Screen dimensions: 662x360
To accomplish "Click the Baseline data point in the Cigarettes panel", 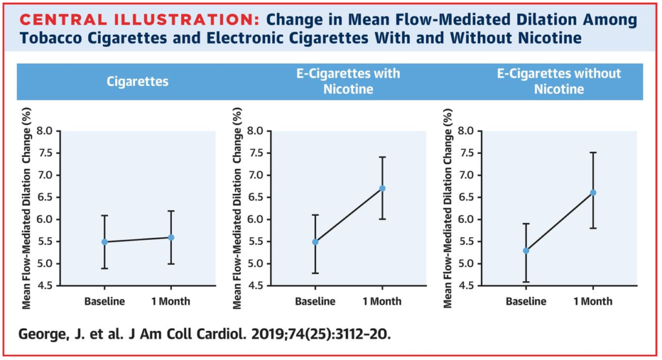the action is [x=104, y=242].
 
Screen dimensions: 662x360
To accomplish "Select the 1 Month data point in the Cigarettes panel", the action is [x=171, y=238].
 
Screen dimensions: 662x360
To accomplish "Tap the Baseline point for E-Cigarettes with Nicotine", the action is [x=315, y=242].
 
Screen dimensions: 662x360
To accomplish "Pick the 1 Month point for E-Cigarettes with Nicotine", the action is [x=382, y=188].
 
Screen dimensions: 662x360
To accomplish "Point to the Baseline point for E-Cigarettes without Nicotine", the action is [x=526, y=251].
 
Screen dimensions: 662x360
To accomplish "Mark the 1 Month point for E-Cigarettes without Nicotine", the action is [x=593, y=193].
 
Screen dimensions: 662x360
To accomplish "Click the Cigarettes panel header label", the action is [x=137, y=81].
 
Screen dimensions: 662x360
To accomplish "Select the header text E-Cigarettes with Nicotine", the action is [x=348, y=81].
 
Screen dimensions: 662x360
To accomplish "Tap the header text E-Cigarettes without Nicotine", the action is [x=559, y=81].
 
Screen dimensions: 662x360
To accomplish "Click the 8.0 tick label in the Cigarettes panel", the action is [x=45, y=131].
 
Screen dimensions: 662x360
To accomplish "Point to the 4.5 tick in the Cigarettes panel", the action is [x=45, y=286].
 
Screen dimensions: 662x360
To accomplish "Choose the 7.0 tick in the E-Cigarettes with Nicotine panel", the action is [x=255, y=175].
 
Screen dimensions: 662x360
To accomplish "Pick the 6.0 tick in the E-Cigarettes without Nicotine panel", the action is [x=465, y=220].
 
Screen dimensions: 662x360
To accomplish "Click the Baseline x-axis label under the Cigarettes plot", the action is [x=104, y=301].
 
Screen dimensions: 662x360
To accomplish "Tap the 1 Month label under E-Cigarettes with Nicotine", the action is [x=382, y=301].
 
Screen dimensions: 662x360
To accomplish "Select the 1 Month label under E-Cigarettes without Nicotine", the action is [x=593, y=301].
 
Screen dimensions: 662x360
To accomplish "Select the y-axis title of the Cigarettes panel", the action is [x=26, y=208].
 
